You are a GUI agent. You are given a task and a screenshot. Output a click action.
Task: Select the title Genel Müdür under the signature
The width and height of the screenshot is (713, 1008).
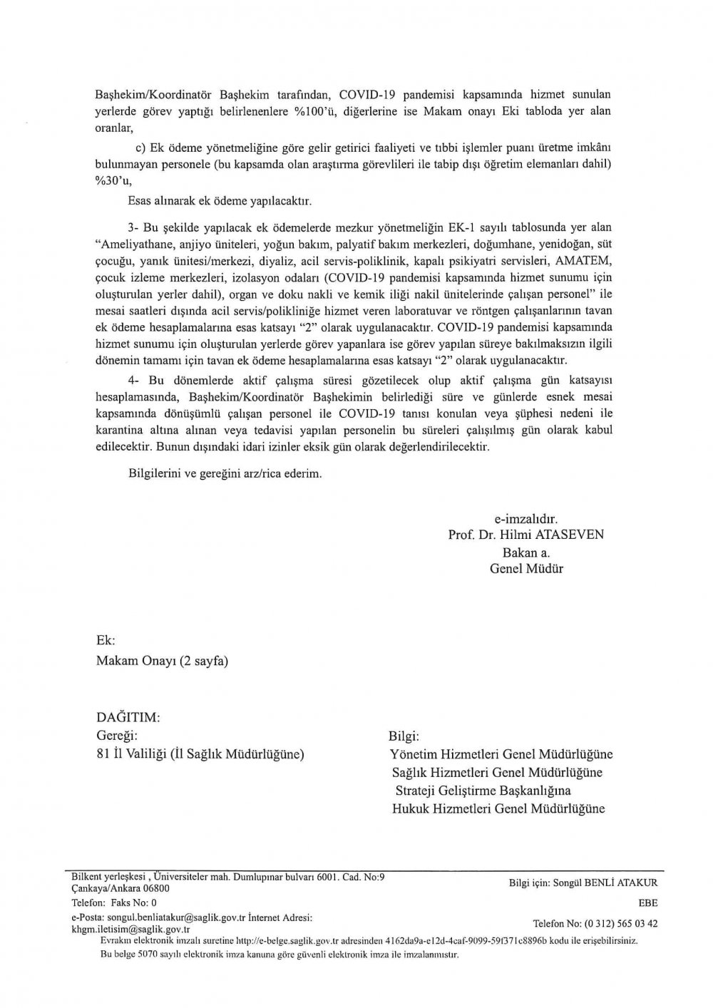pyautogui.click(x=526, y=568)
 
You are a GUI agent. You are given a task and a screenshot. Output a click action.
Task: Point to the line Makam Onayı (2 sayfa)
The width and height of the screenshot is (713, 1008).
pyautogui.click(x=162, y=661)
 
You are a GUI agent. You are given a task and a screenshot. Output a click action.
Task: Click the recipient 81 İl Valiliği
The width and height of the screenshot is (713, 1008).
pyautogui.click(x=200, y=754)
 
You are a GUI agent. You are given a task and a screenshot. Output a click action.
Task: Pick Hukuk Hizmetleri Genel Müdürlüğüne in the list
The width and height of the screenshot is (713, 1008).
pyautogui.click(x=498, y=808)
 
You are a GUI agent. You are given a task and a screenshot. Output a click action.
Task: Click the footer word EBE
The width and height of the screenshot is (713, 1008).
pyautogui.click(x=648, y=902)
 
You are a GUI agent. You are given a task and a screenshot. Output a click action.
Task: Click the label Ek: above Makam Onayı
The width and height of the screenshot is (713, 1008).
pyautogui.click(x=106, y=642)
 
